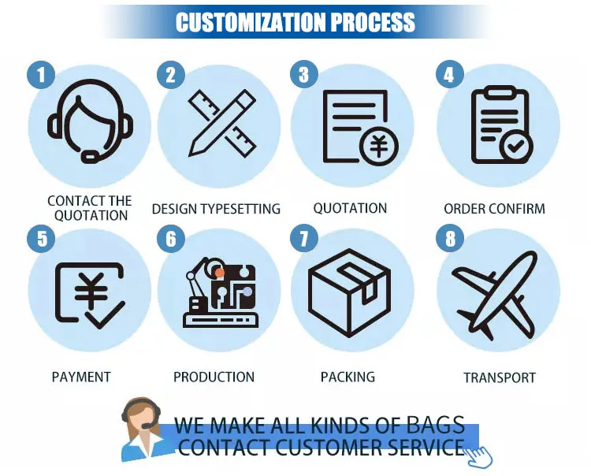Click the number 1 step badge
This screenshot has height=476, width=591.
point(40,76)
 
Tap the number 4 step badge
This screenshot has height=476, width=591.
point(449,76)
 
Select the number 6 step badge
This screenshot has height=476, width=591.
point(171,238)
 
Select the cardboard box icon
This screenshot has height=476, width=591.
point(349,291)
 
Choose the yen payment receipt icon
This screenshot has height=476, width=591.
point(88,294)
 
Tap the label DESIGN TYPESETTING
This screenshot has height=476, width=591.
point(216,209)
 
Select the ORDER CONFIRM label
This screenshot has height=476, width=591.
point(494,209)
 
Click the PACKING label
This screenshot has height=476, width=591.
point(348,377)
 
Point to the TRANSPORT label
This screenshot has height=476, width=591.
point(500,377)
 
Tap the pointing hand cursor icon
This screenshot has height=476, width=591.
point(480,453)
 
